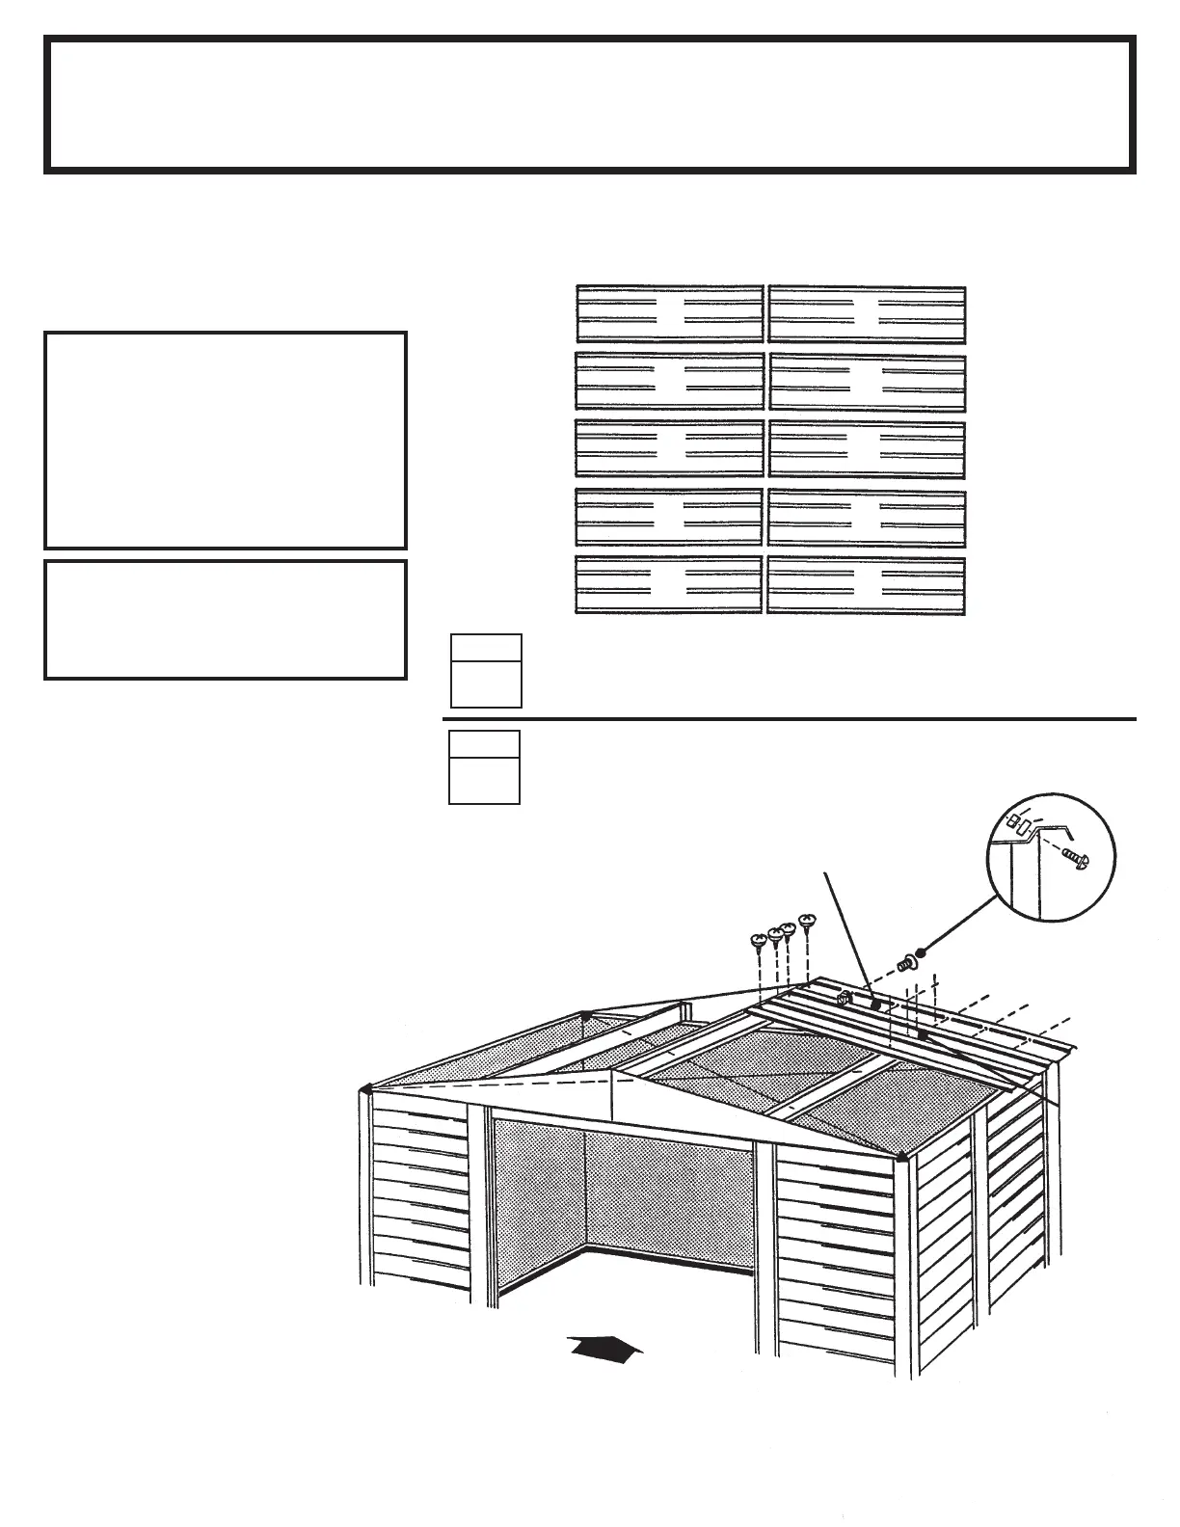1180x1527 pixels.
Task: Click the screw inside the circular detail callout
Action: (x=1076, y=857)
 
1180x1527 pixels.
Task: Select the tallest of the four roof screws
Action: (x=808, y=922)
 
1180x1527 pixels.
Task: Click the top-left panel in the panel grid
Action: (x=669, y=313)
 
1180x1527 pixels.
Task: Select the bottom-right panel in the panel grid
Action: (x=867, y=584)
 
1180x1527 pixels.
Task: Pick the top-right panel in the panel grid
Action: (x=867, y=313)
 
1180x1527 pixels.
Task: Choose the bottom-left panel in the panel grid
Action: (x=669, y=584)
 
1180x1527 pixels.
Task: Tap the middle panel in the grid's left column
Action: (x=669, y=448)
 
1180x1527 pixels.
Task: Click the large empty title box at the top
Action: (x=590, y=104)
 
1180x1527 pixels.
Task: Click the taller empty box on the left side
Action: (x=225, y=441)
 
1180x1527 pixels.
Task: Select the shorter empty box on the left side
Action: (x=225, y=620)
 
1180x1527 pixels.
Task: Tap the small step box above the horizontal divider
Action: (x=486, y=671)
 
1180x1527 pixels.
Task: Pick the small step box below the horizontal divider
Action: (x=485, y=767)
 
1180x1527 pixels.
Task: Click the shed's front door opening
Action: (x=622, y=1205)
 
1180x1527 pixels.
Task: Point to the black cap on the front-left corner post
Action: (x=365, y=1088)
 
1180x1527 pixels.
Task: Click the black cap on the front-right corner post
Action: (x=900, y=1155)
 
